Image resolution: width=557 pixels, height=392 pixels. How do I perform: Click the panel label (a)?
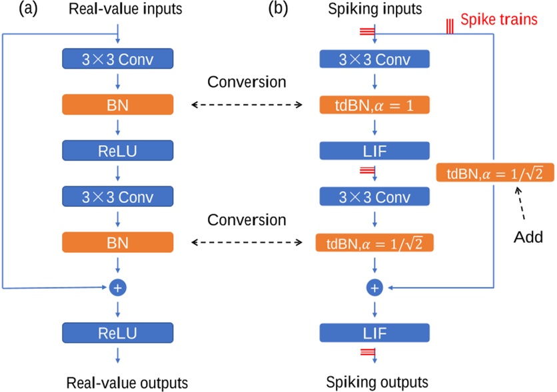tap(16, 10)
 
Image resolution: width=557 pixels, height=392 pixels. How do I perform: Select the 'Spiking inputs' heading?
tap(376, 11)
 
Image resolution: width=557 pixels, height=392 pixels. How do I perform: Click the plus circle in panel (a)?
tap(118, 288)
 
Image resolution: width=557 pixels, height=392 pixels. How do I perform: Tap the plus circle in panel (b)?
tap(374, 288)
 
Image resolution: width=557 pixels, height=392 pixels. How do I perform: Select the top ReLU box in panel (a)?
tap(118, 151)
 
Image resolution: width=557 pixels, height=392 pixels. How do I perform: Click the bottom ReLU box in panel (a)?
tap(118, 333)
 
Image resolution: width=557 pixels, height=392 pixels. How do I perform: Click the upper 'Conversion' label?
tap(247, 83)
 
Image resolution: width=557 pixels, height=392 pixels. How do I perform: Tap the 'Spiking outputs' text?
tap(377, 383)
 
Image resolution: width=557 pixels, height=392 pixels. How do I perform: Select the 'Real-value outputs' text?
tap(127, 383)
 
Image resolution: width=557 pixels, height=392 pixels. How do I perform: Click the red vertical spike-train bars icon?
tap(450, 25)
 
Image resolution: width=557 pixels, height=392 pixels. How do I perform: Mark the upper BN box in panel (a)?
tap(118, 104)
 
